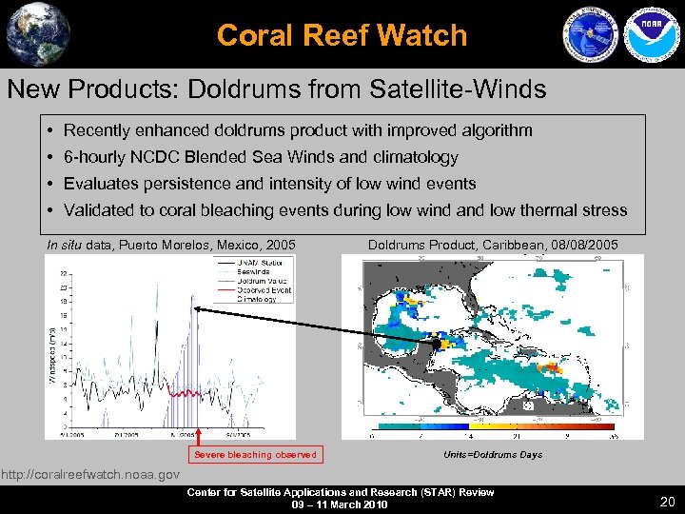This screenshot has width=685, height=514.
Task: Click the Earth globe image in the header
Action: pos(37,33)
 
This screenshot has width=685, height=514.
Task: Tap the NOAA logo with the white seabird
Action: pos(649,33)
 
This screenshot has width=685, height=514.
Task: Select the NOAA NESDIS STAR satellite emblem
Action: pos(591,33)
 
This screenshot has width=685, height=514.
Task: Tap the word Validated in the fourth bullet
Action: pos(97,210)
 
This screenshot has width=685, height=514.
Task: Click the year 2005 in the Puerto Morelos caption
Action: pos(278,246)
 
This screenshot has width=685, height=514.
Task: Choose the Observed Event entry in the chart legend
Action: pos(264,289)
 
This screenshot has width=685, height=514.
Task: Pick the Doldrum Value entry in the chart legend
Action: pos(263,281)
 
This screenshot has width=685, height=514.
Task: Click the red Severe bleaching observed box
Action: pos(255,455)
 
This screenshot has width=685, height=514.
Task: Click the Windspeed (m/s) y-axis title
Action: pos(52,349)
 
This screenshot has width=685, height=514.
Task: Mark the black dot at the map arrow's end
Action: pos(437,344)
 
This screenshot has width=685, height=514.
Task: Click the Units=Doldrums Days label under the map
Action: pos(493,455)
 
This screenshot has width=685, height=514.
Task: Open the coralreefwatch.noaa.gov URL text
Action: pos(89,474)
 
